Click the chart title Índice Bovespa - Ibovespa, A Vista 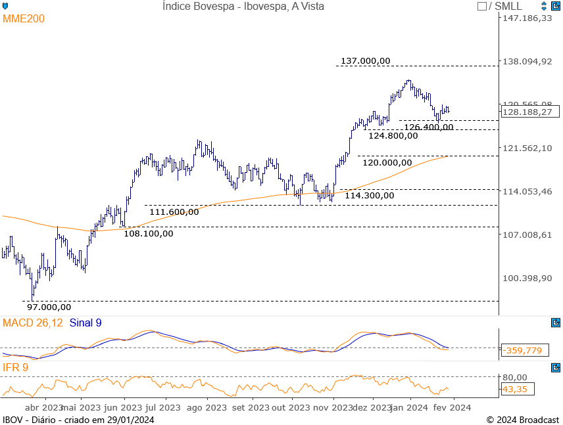tap(243, 6)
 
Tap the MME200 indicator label tap(24, 19)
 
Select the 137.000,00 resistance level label tap(365, 61)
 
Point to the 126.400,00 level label tap(428, 127)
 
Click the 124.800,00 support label tap(393, 136)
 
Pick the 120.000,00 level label tap(387, 162)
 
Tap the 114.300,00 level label tap(369, 195)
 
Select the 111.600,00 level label tap(174, 212)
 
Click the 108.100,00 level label tap(149, 233)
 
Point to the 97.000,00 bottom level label tap(49, 307)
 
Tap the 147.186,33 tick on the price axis tap(527, 18)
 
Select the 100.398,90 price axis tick tap(527, 278)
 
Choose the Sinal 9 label tap(86, 323)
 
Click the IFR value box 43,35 tap(517, 389)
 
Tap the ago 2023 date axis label tap(207, 407)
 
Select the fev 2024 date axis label tap(453, 407)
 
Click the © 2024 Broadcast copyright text tap(522, 420)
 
